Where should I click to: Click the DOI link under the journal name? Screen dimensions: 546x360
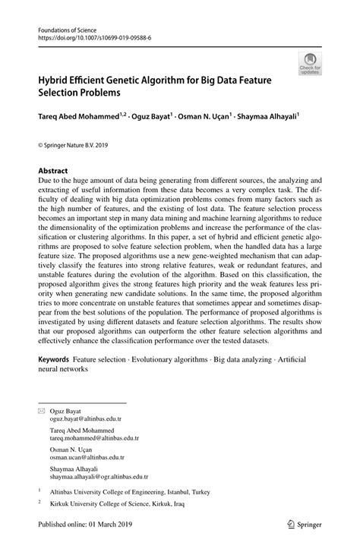[92, 36]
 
